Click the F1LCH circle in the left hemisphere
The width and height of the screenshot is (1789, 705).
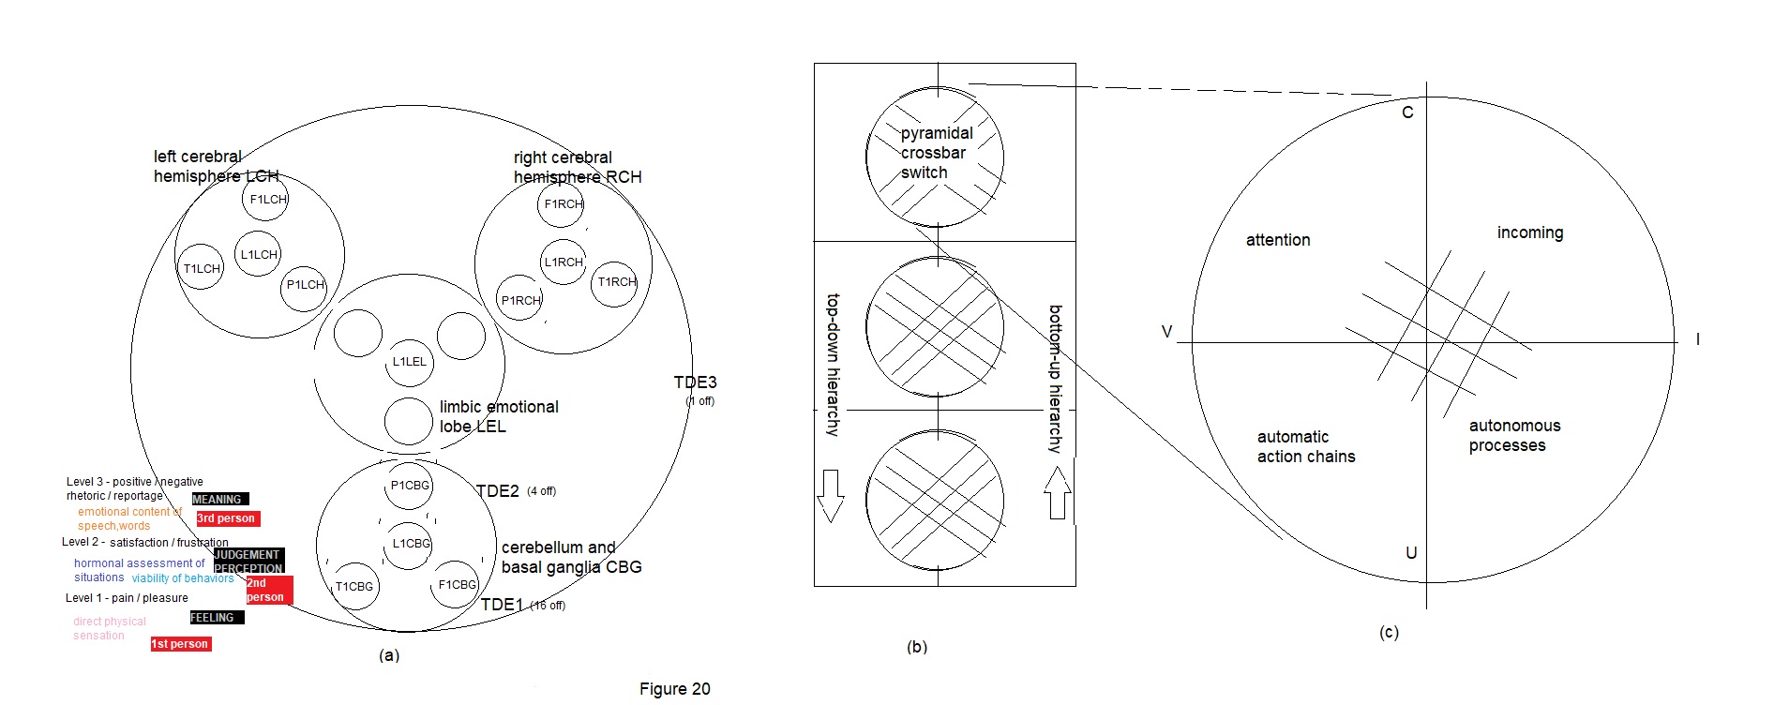click(x=266, y=200)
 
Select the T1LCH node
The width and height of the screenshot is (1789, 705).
click(x=202, y=268)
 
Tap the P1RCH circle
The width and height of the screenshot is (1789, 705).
click(x=519, y=300)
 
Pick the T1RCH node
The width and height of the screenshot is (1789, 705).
click(x=615, y=281)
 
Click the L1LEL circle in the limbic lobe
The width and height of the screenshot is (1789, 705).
click(x=410, y=362)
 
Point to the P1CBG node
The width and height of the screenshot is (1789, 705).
click(x=410, y=486)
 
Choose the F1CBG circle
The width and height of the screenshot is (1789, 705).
click(x=457, y=584)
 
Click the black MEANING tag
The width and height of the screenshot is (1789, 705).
click(x=219, y=499)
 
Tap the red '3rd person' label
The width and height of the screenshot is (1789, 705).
click(x=227, y=518)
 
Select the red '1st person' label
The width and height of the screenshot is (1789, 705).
click(x=180, y=644)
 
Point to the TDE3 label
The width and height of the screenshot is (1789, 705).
click(x=695, y=382)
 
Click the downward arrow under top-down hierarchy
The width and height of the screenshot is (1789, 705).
click(x=831, y=495)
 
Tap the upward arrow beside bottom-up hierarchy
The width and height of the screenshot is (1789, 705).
click(x=1057, y=493)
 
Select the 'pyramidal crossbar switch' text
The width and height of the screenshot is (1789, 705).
click(x=936, y=153)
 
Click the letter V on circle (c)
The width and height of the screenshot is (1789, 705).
click(x=1167, y=332)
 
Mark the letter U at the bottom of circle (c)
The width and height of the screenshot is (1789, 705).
click(x=1411, y=553)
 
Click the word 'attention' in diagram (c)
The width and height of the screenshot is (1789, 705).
click(x=1278, y=240)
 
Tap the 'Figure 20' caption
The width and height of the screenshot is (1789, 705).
click(x=674, y=689)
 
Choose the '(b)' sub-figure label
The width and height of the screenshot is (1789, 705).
click(x=917, y=647)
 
